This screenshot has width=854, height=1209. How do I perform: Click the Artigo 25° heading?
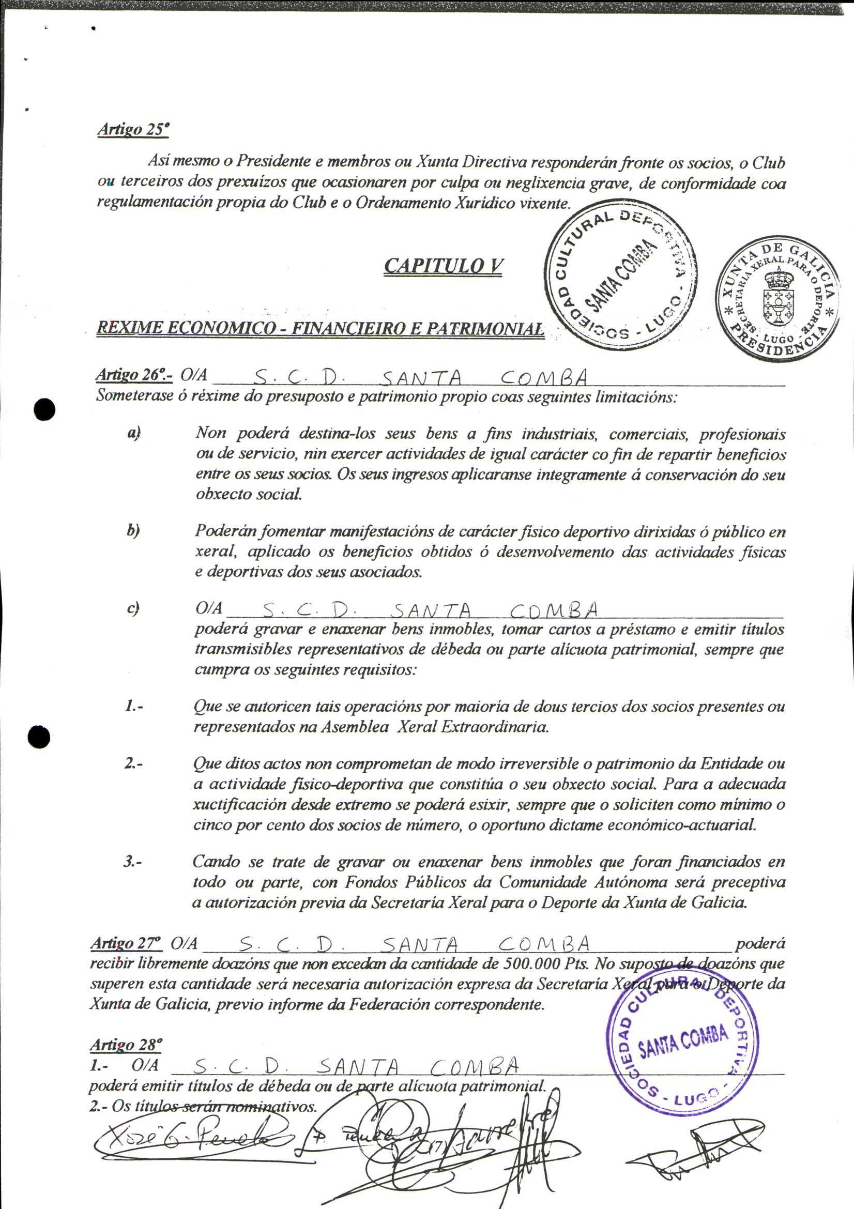coord(133,130)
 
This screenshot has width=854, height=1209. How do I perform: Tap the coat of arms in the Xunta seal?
coord(776,295)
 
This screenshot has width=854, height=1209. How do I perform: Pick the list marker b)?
coord(133,530)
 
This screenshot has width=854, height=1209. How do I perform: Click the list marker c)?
coord(133,608)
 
